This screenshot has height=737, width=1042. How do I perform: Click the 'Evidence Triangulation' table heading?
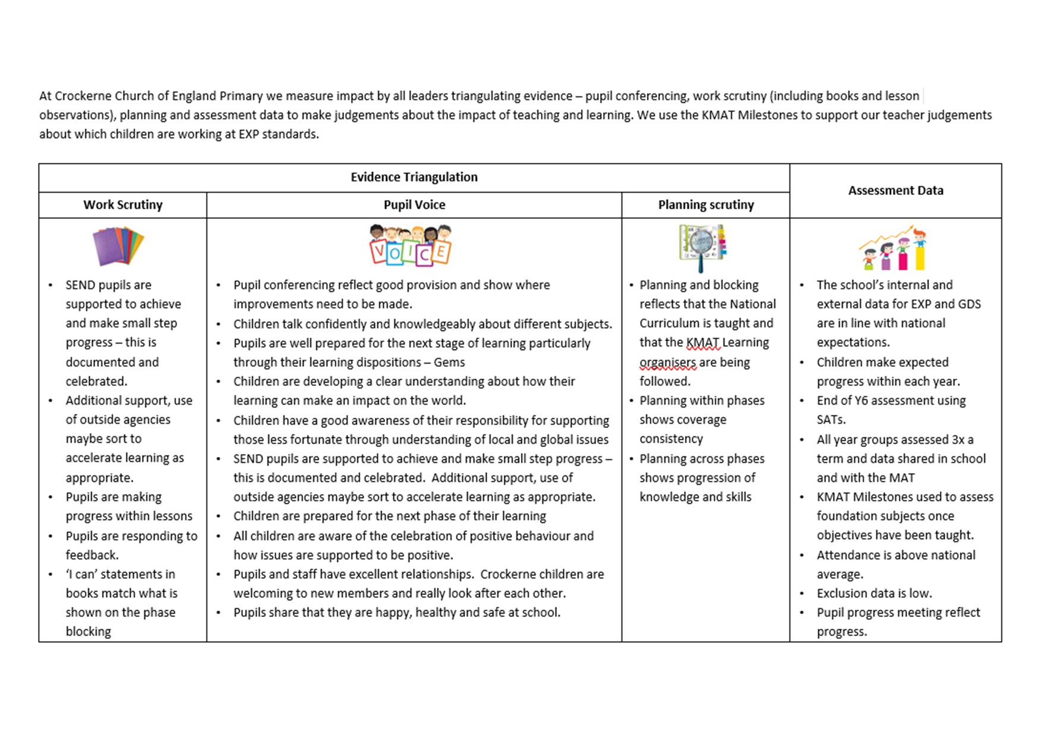point(413,177)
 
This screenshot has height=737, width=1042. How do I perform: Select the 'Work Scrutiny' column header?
point(122,205)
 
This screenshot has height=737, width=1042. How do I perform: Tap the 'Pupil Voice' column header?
point(414,205)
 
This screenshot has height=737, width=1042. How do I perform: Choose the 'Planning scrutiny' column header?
point(706,205)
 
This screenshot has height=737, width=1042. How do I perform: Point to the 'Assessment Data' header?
point(895,191)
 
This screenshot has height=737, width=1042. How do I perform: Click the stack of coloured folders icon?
point(118,246)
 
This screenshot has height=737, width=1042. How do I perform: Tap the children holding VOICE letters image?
point(410,245)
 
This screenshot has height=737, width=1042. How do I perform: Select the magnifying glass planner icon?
point(702,247)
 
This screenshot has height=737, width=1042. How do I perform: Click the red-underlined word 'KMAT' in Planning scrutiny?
point(703,343)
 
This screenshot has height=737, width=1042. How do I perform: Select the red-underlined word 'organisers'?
point(667,363)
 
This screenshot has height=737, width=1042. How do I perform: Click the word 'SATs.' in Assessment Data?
point(831,420)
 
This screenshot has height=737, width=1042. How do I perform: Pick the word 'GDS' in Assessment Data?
point(969,304)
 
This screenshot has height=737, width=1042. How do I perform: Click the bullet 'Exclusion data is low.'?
point(874,594)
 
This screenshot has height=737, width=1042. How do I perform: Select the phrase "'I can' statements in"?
point(120,575)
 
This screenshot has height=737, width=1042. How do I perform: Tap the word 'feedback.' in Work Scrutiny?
point(92,555)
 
